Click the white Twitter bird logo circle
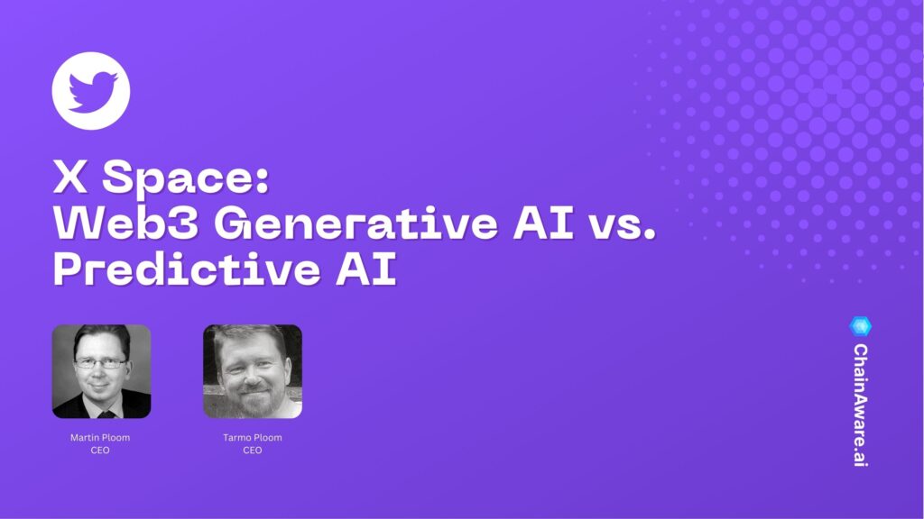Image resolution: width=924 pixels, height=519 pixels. [91, 91]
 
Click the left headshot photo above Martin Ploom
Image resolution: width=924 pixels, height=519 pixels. [101, 371]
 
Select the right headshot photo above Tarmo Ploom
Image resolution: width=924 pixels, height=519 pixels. [253, 371]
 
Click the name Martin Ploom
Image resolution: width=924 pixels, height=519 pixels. [100, 438]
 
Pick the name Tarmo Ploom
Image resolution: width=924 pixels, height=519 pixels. [253, 438]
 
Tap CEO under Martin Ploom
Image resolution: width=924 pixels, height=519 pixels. [100, 450]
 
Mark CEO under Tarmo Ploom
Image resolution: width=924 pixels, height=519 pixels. [253, 450]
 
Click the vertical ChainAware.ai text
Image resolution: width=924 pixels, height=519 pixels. [861, 405]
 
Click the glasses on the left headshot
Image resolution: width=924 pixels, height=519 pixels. [100, 362]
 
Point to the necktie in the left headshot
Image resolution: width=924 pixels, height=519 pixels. [105, 413]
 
